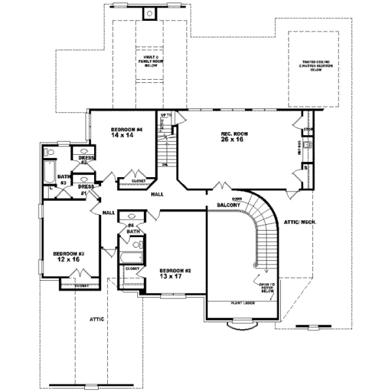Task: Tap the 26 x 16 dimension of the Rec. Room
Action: point(233,140)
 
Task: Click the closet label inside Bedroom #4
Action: point(139,180)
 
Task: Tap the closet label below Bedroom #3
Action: point(81,286)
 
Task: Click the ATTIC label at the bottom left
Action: point(97,319)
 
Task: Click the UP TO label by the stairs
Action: point(166,116)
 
